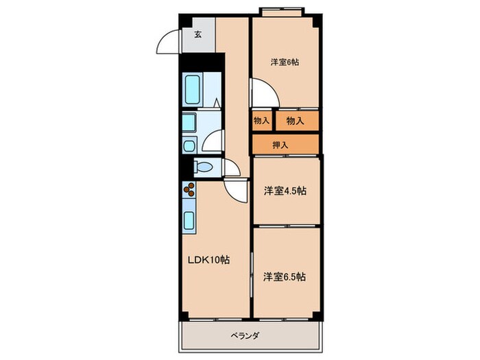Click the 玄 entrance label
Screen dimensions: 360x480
(x=197, y=35)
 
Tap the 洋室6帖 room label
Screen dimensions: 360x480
(x=284, y=62)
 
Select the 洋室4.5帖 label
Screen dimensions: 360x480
(x=285, y=190)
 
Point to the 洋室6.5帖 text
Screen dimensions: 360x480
(x=285, y=277)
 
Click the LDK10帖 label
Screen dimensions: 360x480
(x=210, y=260)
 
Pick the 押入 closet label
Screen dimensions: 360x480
(x=280, y=145)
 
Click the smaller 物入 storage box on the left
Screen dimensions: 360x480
(x=261, y=121)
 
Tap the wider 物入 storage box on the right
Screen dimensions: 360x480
(x=296, y=121)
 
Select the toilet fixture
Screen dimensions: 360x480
(x=203, y=167)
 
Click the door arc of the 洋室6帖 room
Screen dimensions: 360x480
(x=261, y=92)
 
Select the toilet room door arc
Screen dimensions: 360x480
(x=230, y=169)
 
